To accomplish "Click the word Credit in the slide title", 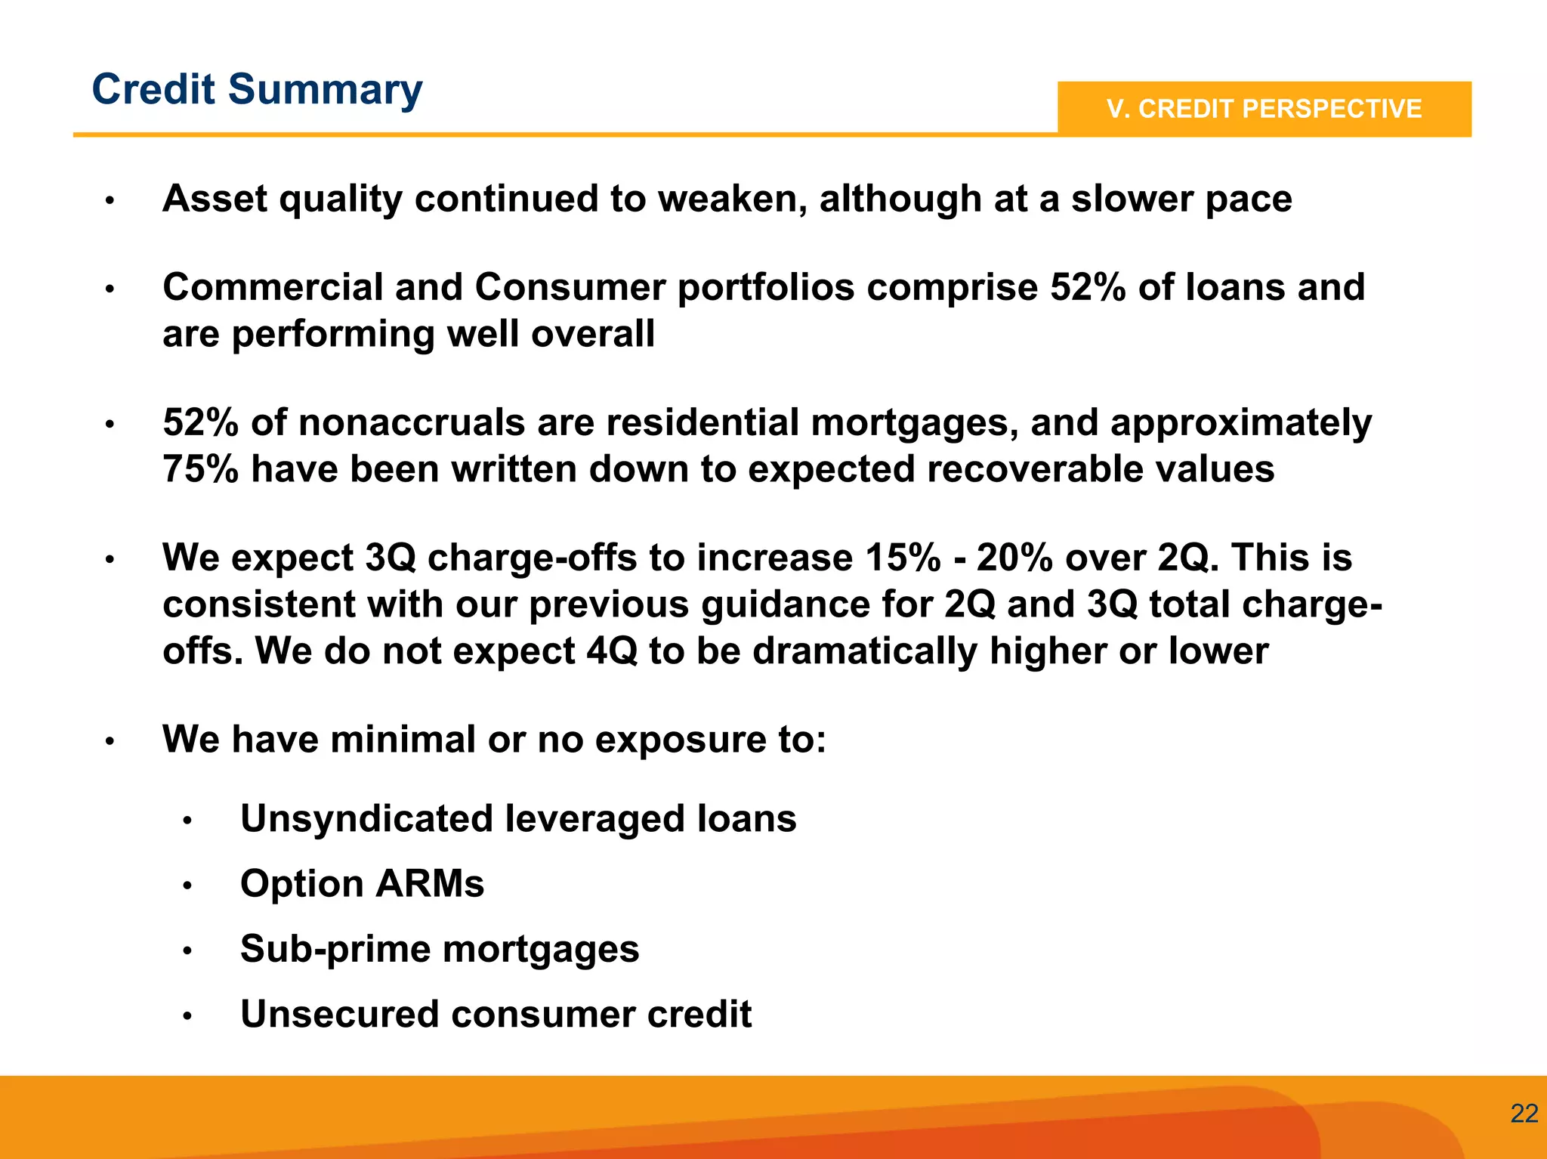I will (x=153, y=89).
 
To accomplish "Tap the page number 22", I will (x=1524, y=1113).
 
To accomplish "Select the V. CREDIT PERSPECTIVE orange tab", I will (x=1264, y=109).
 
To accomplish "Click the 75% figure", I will (x=200, y=469).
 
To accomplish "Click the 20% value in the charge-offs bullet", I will (x=1014, y=558).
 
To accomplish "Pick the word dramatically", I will (x=864, y=651).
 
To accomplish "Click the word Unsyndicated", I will (x=366, y=819).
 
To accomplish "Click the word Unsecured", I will (x=339, y=1014).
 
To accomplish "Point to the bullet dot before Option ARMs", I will (x=188, y=885).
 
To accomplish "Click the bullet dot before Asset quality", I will (x=110, y=201).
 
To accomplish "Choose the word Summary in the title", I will (x=325, y=91).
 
